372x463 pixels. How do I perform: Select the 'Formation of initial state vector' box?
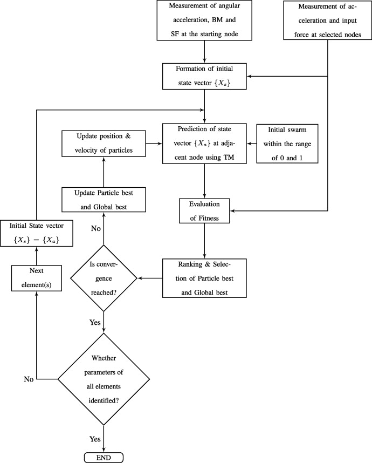[205, 77]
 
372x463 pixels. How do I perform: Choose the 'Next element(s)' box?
[35, 279]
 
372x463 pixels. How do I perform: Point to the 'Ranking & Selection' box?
[205, 278]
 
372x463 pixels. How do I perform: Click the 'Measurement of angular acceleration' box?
[205, 21]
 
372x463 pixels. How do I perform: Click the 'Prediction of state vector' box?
[205, 144]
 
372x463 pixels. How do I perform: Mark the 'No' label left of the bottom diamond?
[28, 379]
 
